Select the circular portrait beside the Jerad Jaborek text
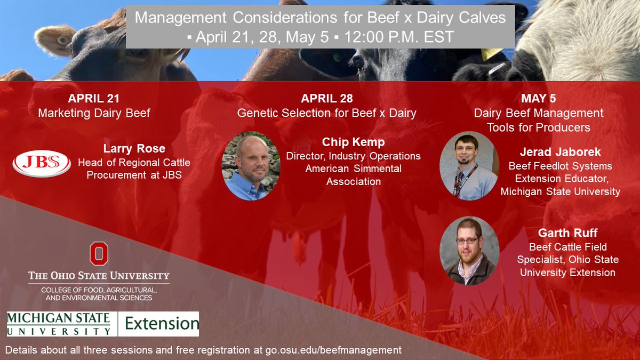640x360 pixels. [469, 166]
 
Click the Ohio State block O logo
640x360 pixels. [99, 254]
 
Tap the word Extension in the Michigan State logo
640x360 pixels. [158, 324]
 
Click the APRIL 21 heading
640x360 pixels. [93, 99]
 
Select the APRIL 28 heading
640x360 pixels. [326, 99]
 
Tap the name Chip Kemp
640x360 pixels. [353, 142]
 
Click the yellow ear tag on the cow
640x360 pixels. [491, 54]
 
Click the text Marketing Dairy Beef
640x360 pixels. [93, 113]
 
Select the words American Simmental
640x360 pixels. [353, 169]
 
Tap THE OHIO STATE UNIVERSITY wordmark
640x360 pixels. [99, 276]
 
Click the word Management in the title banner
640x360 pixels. [182, 18]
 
